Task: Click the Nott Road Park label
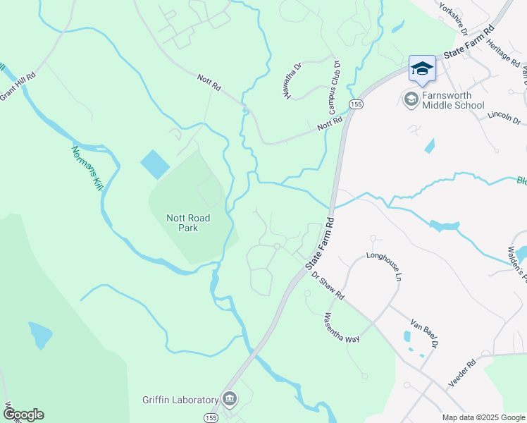(187, 223)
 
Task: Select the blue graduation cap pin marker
(422, 69)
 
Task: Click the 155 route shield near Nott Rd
(356, 104)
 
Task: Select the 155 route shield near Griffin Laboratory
(211, 418)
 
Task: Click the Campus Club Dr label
(333, 87)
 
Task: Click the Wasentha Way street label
(342, 328)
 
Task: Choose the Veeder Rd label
(462, 373)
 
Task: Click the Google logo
(23, 415)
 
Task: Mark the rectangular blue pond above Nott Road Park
(154, 164)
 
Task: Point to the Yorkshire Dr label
(453, 18)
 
